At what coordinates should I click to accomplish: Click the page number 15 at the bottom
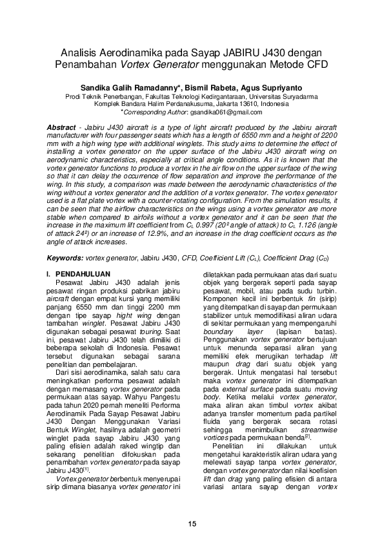192,523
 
